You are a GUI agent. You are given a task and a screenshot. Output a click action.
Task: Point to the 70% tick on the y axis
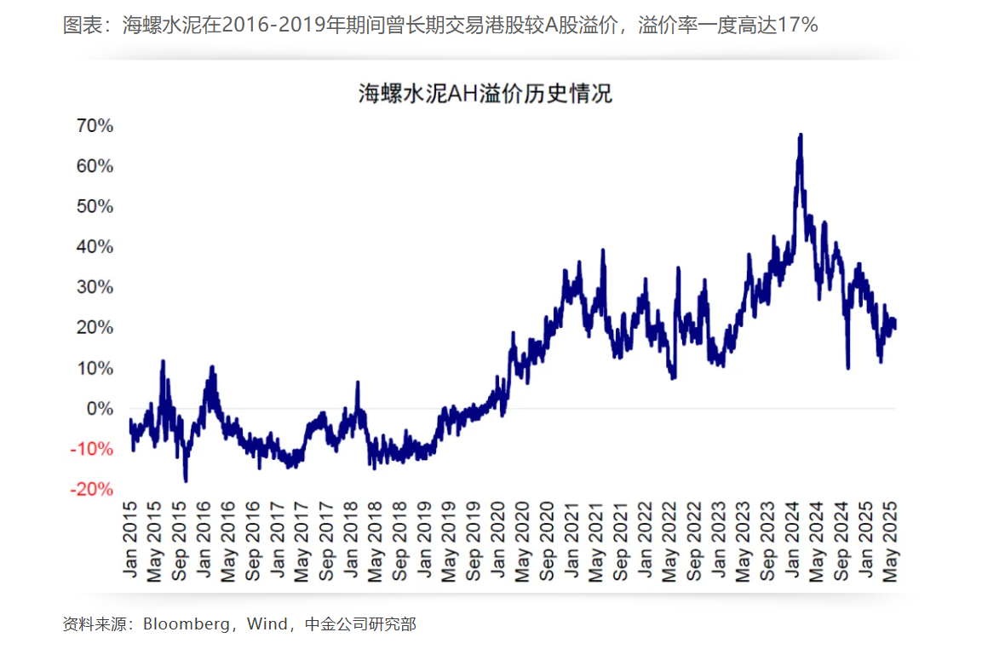coord(95,126)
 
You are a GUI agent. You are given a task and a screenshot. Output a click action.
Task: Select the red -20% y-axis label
coord(92,490)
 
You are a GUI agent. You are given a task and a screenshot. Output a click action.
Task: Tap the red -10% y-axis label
coord(92,449)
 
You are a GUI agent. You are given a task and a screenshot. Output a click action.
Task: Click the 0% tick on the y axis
coord(100,409)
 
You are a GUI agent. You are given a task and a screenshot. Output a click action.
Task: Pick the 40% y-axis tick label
coord(95,247)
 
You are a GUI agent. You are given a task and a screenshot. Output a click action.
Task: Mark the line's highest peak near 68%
coord(801,135)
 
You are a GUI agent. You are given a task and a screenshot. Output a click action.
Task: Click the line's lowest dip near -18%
coord(186,480)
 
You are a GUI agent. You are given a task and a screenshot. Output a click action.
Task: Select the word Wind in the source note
coord(267,624)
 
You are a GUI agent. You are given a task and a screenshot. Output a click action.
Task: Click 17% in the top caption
coord(798,26)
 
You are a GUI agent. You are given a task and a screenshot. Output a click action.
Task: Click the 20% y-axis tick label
coord(95,328)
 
